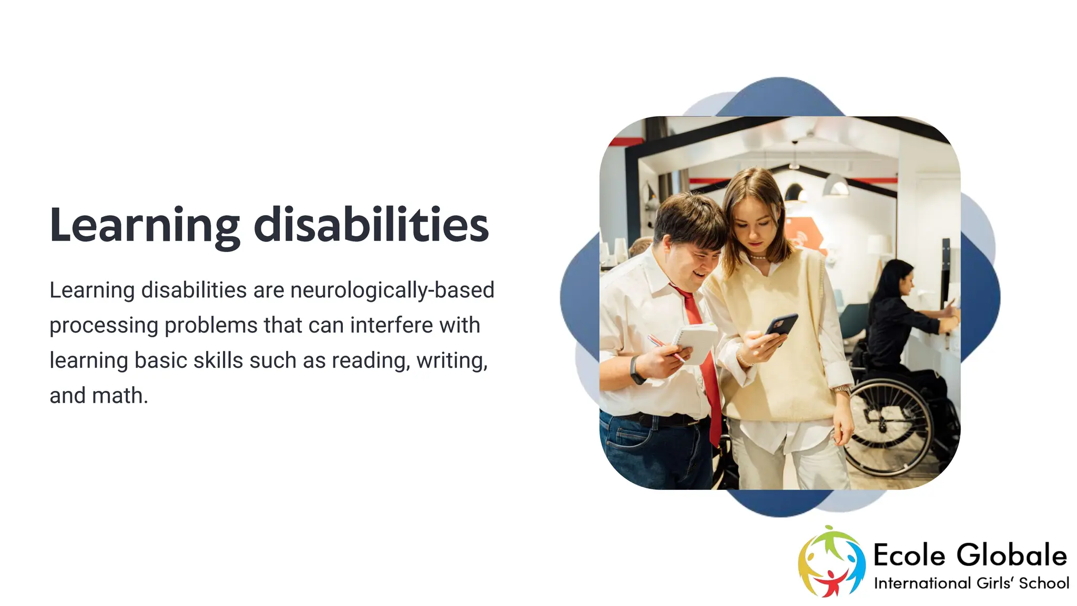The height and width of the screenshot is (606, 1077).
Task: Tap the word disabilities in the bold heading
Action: tap(371, 225)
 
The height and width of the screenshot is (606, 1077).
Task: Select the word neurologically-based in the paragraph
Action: tap(392, 290)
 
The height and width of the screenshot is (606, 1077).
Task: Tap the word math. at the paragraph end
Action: tap(120, 396)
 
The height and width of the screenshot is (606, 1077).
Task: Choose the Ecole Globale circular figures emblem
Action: tap(831, 561)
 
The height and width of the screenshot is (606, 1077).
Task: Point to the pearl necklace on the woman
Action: tap(758, 257)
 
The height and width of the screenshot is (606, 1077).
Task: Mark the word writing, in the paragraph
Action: tap(452, 361)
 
